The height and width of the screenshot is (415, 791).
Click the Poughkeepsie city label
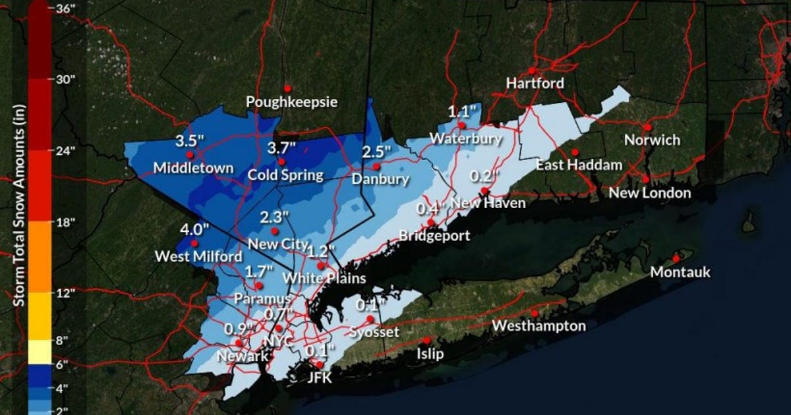(291, 102)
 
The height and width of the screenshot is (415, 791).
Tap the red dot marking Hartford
(531, 70)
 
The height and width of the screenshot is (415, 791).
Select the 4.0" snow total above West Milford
(194, 230)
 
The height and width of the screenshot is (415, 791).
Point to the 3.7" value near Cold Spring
(281, 148)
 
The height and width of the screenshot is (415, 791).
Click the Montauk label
(680, 271)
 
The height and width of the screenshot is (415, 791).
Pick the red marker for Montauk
(676, 258)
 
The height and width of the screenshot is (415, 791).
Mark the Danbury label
(380, 179)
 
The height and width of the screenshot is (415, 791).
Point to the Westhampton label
(539, 325)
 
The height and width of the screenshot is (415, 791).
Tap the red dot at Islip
(427, 341)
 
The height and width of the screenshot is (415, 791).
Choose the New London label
(649, 192)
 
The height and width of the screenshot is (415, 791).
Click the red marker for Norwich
(648, 127)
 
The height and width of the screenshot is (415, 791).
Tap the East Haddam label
(578, 165)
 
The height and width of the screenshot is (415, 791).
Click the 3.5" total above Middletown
(189, 141)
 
